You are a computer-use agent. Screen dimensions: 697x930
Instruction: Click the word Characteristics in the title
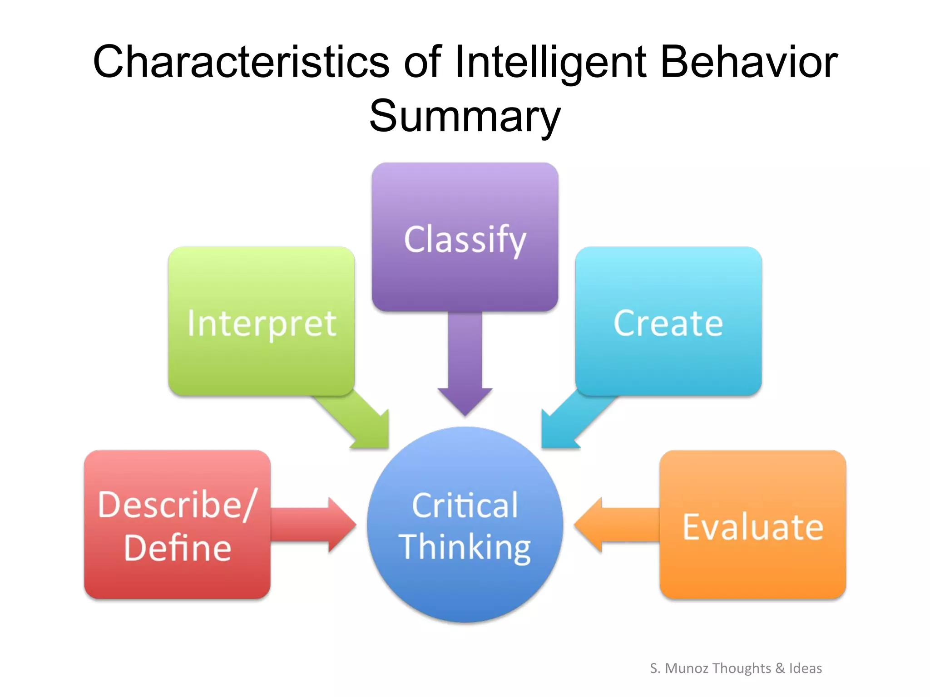pyautogui.click(x=241, y=62)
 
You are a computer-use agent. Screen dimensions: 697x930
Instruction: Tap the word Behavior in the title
pyautogui.click(x=748, y=62)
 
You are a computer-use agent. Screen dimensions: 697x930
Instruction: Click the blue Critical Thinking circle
pyautogui.click(x=465, y=590)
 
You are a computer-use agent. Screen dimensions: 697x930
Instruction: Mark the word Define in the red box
pyautogui.click(x=178, y=548)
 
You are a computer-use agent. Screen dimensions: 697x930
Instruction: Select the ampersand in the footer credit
pyautogui.click(x=780, y=668)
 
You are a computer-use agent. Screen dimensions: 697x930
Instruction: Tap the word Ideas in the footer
pyautogui.click(x=805, y=668)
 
